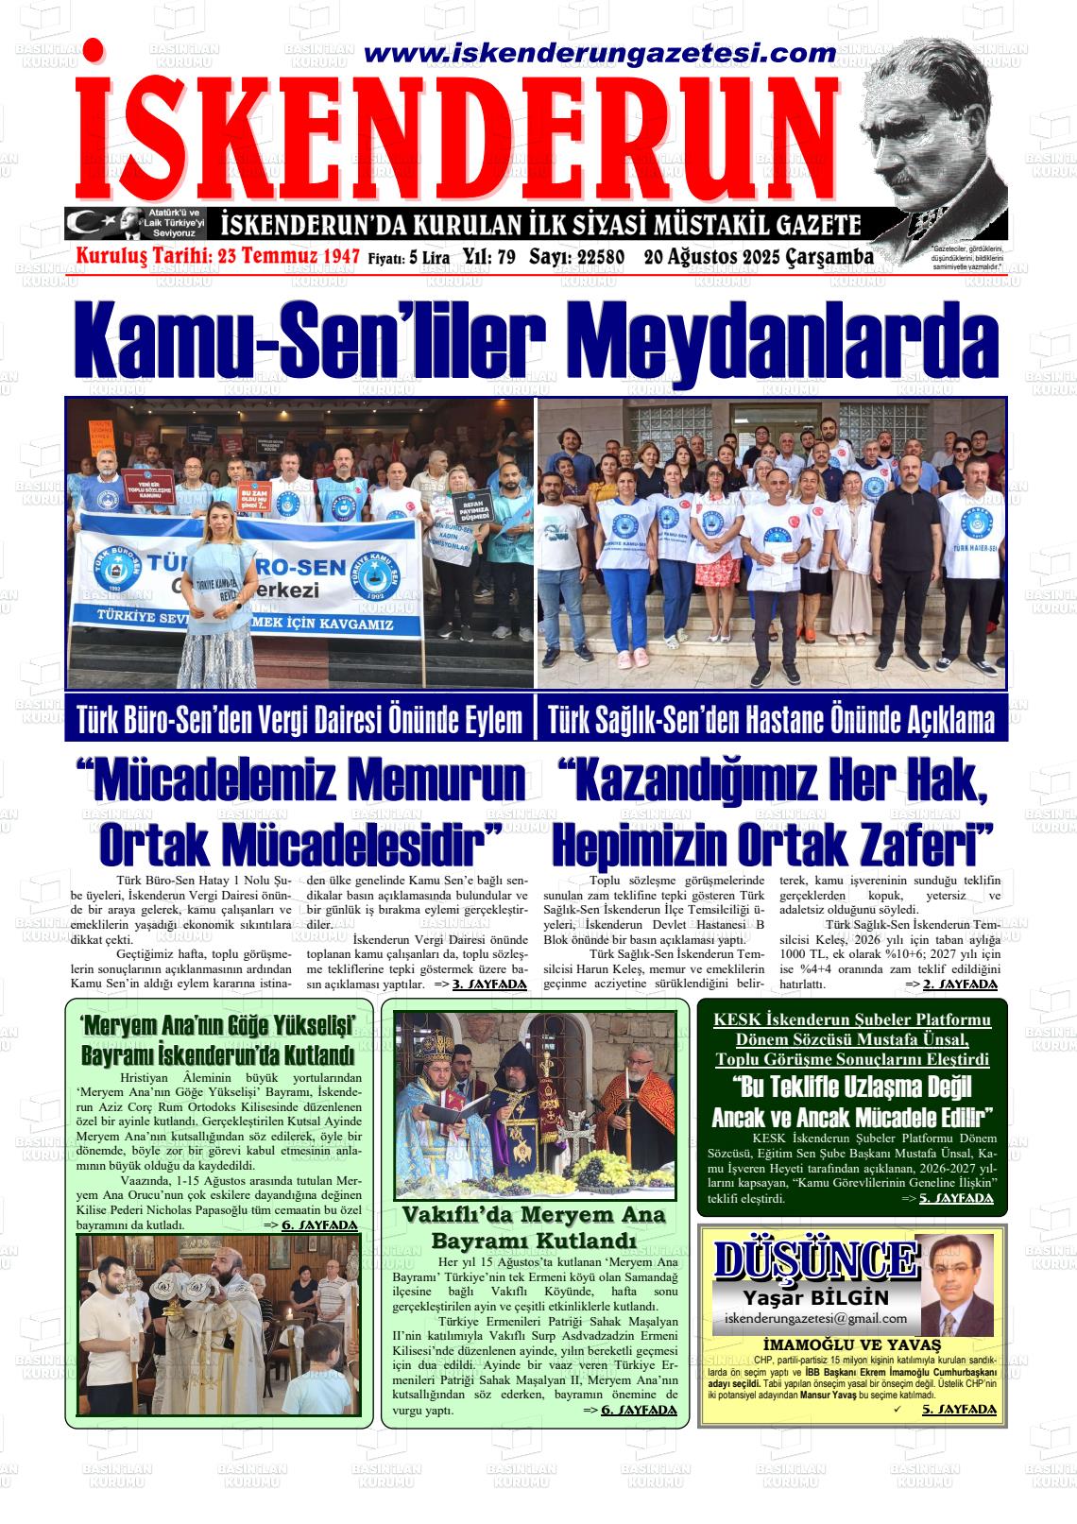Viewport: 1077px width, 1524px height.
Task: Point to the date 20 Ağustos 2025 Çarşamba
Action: (x=758, y=256)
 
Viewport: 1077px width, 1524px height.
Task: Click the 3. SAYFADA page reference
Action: (x=489, y=984)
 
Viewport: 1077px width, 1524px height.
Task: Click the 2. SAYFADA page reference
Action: (x=959, y=984)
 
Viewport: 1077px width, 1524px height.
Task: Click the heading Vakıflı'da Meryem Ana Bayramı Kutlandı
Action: (x=534, y=1226)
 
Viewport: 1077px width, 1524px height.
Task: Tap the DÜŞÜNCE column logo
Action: (x=814, y=1259)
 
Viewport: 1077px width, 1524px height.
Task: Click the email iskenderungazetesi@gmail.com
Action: (x=815, y=1318)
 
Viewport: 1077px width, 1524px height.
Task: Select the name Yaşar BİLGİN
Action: (x=815, y=1297)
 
